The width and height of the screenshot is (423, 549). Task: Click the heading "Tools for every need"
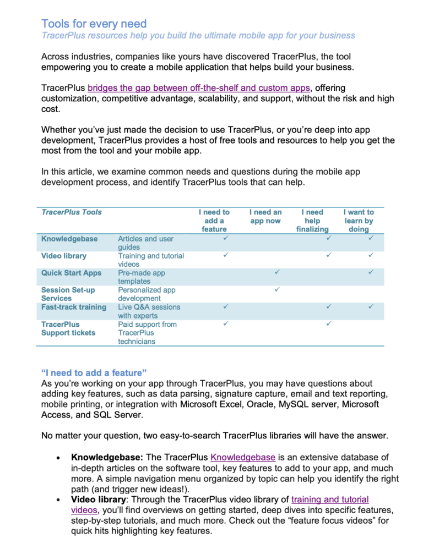click(x=94, y=24)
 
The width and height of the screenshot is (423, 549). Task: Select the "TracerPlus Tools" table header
click(x=72, y=212)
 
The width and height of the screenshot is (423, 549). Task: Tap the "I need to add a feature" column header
click(x=214, y=220)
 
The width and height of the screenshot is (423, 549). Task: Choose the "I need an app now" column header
click(x=265, y=216)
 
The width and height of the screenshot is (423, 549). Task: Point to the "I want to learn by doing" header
click(x=359, y=220)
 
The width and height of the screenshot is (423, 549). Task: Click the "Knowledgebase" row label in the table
click(x=69, y=239)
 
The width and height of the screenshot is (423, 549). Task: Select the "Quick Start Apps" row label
click(x=71, y=273)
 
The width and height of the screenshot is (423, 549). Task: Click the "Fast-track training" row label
click(x=74, y=307)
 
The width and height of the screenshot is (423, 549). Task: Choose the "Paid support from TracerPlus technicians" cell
click(x=148, y=333)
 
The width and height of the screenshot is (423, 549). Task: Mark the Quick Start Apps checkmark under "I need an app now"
click(x=276, y=272)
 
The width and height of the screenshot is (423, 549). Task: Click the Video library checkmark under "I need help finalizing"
click(x=328, y=255)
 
